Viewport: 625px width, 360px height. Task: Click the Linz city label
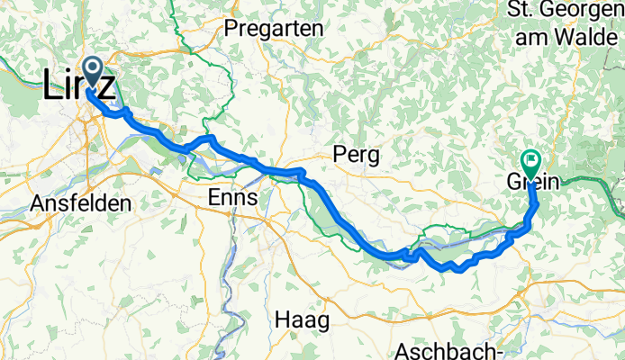tap(79, 86)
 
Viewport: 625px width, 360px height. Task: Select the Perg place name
tap(356, 155)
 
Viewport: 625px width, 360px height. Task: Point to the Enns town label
tap(232, 197)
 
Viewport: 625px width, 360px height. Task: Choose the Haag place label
tap(302, 319)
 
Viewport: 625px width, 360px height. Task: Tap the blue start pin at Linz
tap(93, 67)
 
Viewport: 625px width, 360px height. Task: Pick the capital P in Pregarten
tap(230, 29)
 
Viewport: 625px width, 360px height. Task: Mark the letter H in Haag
tap(280, 319)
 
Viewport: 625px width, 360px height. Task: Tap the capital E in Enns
tap(213, 197)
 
